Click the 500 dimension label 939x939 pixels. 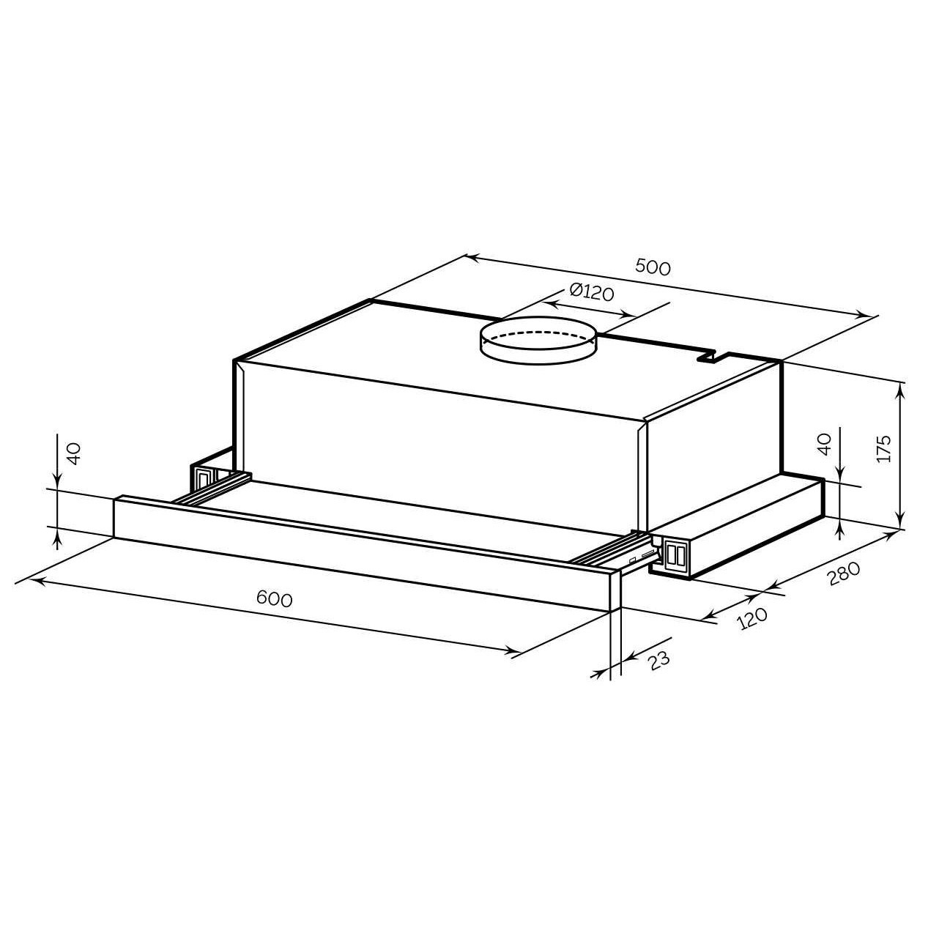[653, 267]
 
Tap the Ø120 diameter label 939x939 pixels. [592, 292]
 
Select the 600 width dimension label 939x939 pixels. [275, 598]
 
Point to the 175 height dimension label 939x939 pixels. [883, 448]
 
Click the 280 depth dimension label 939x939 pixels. [843, 574]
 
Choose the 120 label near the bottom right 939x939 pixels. [753, 618]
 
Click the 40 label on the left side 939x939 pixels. [73, 453]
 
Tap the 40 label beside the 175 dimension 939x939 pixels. [824, 445]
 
